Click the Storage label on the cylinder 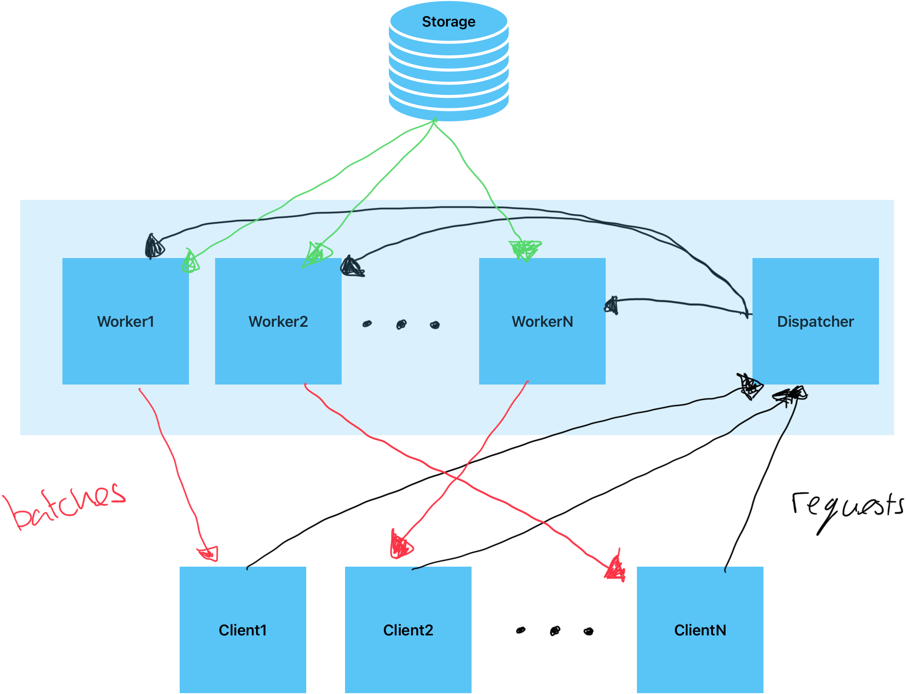[448, 22]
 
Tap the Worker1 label [126, 322]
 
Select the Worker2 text [278, 322]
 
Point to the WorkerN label [542, 322]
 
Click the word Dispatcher [815, 322]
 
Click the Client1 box [243, 629]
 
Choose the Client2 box [408, 629]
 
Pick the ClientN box [700, 629]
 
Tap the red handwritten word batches [65, 506]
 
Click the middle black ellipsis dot [401, 324]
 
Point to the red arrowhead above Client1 [209, 553]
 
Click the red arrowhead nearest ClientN [615, 569]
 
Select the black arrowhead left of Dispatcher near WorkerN [612, 305]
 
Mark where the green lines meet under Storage [434, 122]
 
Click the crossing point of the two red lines [457, 479]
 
